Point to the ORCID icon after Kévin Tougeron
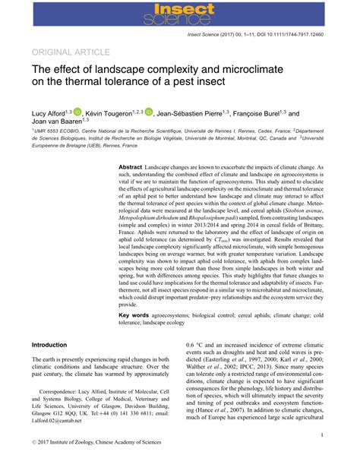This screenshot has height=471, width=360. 148,112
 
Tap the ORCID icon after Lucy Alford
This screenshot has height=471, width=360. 77,112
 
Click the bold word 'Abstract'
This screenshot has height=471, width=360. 131,166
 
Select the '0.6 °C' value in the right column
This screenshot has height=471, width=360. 196,345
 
